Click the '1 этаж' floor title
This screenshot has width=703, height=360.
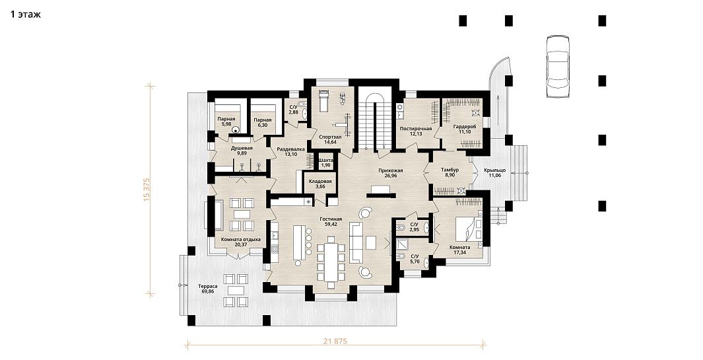coord(26,15)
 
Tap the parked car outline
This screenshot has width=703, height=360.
coord(558,66)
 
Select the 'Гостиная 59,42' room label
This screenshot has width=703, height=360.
coord(331,222)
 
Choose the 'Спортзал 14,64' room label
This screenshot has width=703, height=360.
coord(331,139)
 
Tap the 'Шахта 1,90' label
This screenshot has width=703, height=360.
coord(325,162)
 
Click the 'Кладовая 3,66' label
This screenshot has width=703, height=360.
coord(320,184)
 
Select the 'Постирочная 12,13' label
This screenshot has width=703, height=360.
coord(416,131)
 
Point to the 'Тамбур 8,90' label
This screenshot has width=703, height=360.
coord(450,173)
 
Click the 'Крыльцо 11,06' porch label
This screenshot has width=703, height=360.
coord(495,173)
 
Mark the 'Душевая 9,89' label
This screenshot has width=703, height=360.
coord(242,151)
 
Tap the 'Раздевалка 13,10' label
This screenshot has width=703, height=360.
coord(291,152)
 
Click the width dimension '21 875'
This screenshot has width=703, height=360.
coord(335,341)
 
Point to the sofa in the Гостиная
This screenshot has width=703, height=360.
coord(356,242)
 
